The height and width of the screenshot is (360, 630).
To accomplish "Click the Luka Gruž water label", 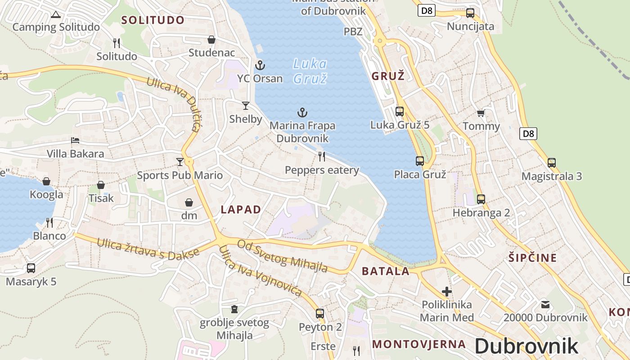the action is pyautogui.click(x=310, y=71).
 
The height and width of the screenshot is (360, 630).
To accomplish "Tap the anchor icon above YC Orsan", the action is pyautogui.click(x=260, y=65).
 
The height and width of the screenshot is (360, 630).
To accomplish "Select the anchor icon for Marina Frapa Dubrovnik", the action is pyautogui.click(x=302, y=112).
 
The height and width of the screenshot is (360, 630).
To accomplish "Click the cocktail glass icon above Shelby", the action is pyautogui.click(x=245, y=106).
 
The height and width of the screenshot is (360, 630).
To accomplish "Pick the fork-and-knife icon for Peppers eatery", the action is pyautogui.click(x=322, y=157).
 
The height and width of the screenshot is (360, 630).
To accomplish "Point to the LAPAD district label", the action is pyautogui.click(x=241, y=209).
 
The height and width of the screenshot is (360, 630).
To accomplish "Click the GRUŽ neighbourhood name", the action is pyautogui.click(x=388, y=76).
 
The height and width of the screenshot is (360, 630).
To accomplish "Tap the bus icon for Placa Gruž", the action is pyautogui.click(x=420, y=161).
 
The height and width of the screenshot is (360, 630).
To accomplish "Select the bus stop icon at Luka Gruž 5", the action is pyautogui.click(x=399, y=112).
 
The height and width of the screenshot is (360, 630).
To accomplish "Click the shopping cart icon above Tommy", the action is pyautogui.click(x=481, y=113).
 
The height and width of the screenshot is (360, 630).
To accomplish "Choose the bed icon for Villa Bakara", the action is pyautogui.click(x=75, y=140).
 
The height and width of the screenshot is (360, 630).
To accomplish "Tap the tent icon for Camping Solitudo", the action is pyautogui.click(x=55, y=14).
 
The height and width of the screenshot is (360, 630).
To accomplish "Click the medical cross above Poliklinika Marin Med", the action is pyautogui.click(x=446, y=292).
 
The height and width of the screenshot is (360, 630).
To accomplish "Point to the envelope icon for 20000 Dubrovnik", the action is pyautogui.click(x=545, y=305).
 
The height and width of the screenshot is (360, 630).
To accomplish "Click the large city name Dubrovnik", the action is pyautogui.click(x=526, y=346).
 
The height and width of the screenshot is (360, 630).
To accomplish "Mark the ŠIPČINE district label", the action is pyautogui.click(x=532, y=258).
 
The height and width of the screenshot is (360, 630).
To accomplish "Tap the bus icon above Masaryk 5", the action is pyautogui.click(x=31, y=268).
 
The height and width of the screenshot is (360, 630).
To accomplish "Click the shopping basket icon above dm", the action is pyautogui.click(x=189, y=202).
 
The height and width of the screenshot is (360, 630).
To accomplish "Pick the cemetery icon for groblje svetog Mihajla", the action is pyautogui.click(x=234, y=309).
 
